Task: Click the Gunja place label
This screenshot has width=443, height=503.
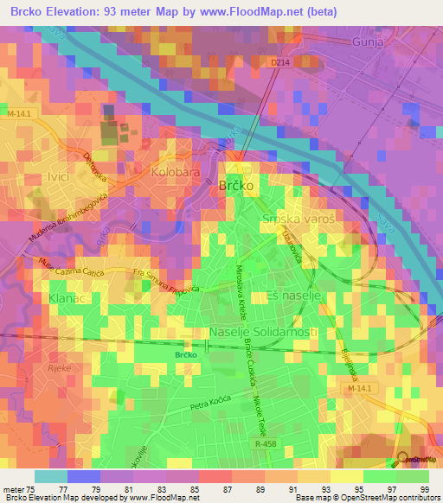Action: (373, 41)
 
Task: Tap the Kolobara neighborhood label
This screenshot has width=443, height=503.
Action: (176, 173)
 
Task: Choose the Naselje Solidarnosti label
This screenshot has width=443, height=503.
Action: (263, 333)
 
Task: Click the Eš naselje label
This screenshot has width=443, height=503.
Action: (286, 296)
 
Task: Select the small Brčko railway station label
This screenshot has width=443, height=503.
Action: (187, 354)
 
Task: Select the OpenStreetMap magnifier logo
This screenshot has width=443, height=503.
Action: (404, 461)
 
